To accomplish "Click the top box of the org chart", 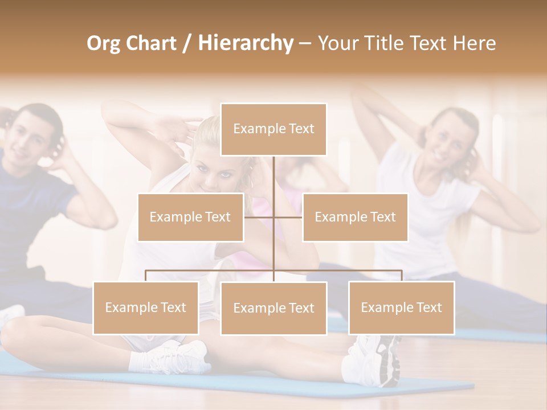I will click(x=273, y=129).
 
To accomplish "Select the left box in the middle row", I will click(x=190, y=217).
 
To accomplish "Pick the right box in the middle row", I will click(x=355, y=217).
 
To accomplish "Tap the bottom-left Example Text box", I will click(x=146, y=307).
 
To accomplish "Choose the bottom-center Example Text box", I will click(x=273, y=308).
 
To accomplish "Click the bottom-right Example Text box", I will click(x=402, y=307).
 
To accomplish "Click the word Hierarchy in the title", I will click(x=246, y=43).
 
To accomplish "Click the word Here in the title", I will click(x=475, y=43).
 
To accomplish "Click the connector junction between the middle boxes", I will click(x=273, y=217).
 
